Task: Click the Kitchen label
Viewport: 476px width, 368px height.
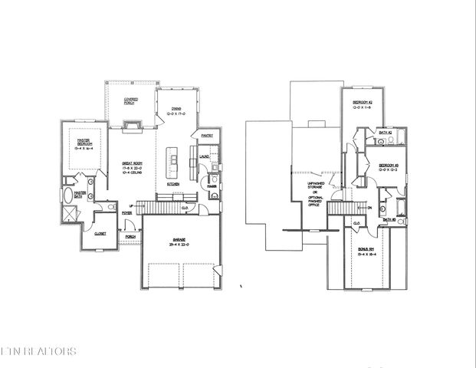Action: click(174, 185)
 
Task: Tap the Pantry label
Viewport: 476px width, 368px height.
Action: click(207, 136)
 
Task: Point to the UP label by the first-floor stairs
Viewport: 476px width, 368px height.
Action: click(131, 205)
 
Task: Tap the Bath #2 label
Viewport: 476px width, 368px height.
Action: click(386, 133)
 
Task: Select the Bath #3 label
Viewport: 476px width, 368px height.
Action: click(389, 219)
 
